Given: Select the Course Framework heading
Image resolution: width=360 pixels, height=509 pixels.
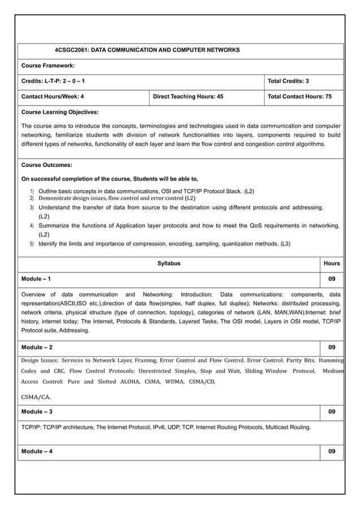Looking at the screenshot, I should (x=48, y=66).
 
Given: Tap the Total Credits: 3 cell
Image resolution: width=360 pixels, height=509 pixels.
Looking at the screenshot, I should (x=288, y=81).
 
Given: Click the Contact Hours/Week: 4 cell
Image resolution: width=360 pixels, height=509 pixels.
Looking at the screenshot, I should (x=52, y=96).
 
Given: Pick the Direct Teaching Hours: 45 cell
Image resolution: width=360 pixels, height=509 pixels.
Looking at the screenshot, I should (x=188, y=96).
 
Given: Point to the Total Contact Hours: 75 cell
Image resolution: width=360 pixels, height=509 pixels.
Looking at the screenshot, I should (x=299, y=96).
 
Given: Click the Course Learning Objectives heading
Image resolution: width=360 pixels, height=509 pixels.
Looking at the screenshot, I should (x=60, y=112).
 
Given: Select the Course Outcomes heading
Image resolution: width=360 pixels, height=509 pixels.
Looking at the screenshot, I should (x=46, y=165).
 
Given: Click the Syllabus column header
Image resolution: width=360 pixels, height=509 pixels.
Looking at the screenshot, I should (x=169, y=264).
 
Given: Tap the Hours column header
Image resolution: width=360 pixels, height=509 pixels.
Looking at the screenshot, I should (x=332, y=264).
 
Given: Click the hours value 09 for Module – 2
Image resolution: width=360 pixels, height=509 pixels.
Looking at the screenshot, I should (x=332, y=347).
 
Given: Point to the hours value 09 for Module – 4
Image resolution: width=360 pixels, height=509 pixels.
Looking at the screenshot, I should (x=332, y=451).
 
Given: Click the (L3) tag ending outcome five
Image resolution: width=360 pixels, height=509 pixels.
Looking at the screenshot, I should (x=286, y=244).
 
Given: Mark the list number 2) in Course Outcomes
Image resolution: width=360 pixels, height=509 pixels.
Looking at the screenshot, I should (x=32, y=199).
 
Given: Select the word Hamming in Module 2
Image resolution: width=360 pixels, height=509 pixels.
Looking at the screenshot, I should (x=331, y=360).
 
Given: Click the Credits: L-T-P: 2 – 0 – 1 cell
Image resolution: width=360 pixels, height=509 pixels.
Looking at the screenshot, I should (x=54, y=81).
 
